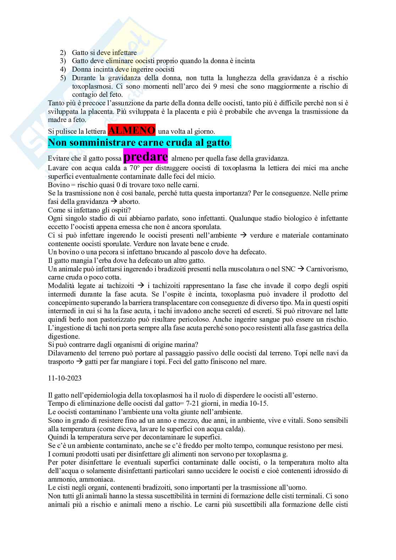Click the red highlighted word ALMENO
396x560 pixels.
click(x=131, y=131)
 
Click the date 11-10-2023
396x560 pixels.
click(x=65, y=378)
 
